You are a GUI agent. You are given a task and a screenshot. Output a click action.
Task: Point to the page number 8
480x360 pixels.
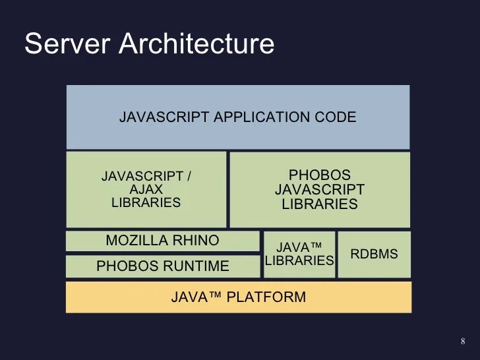click(462, 341)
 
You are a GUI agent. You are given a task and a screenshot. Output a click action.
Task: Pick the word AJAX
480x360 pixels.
click(146, 190)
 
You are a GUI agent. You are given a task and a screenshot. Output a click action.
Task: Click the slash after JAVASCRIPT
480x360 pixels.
click(189, 177)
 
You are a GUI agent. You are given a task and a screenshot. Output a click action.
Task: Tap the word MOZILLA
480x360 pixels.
click(136, 241)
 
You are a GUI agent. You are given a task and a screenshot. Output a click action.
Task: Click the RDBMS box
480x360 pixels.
click(374, 254)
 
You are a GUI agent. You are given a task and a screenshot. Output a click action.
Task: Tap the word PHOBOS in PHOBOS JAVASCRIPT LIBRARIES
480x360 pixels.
click(320, 175)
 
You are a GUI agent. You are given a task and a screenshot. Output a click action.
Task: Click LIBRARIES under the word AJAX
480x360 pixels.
click(146, 203)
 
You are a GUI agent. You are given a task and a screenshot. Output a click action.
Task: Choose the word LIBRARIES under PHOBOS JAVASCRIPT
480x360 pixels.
click(320, 204)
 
